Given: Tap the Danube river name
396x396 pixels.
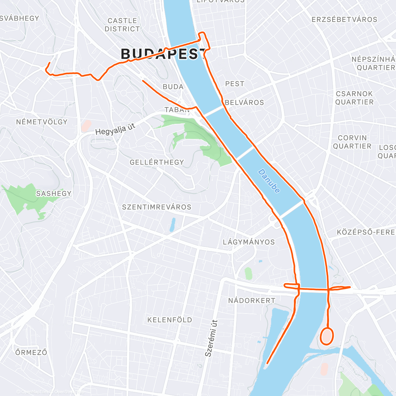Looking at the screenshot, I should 269,181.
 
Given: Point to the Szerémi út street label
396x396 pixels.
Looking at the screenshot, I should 211,338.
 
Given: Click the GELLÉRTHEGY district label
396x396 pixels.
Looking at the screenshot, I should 157,162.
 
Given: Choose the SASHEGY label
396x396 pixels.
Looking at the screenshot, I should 54,193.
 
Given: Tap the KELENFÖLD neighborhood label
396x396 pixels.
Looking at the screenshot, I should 170,320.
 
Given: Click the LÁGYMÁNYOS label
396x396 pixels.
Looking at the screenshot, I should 249,242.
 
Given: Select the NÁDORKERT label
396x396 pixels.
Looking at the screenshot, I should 252,300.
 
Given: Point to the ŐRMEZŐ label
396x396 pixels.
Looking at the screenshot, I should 31,352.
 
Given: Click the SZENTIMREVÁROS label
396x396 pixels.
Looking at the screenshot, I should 157,207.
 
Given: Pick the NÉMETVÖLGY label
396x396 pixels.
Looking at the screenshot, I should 42,122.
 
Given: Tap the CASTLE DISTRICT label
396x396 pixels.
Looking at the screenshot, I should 122,25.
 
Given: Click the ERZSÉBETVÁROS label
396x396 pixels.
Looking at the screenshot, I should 344,19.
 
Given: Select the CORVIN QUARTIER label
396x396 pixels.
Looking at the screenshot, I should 352,142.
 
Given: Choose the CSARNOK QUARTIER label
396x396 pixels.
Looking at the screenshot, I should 354,98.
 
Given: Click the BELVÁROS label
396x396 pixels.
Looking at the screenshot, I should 245,102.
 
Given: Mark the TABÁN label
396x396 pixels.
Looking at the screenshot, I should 177,110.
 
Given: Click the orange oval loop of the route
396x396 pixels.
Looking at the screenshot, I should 327,336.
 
